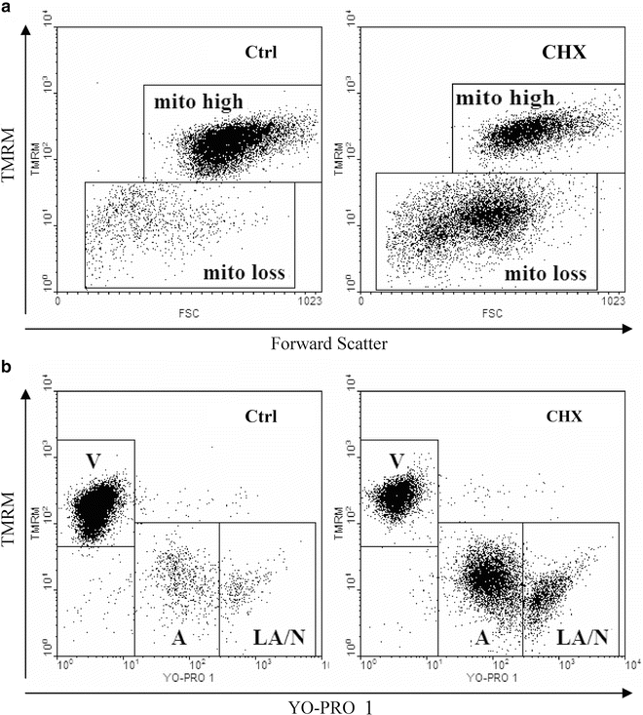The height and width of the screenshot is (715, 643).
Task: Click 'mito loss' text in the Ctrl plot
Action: coord(245,273)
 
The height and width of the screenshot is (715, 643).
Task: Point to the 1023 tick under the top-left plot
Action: coord(308,302)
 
